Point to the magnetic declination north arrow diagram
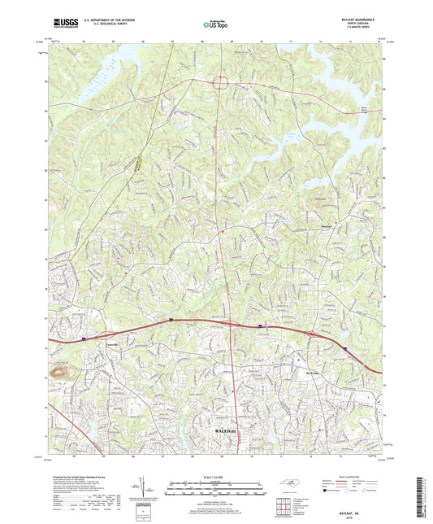tap(145, 493)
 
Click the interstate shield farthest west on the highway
tap(84, 332)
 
